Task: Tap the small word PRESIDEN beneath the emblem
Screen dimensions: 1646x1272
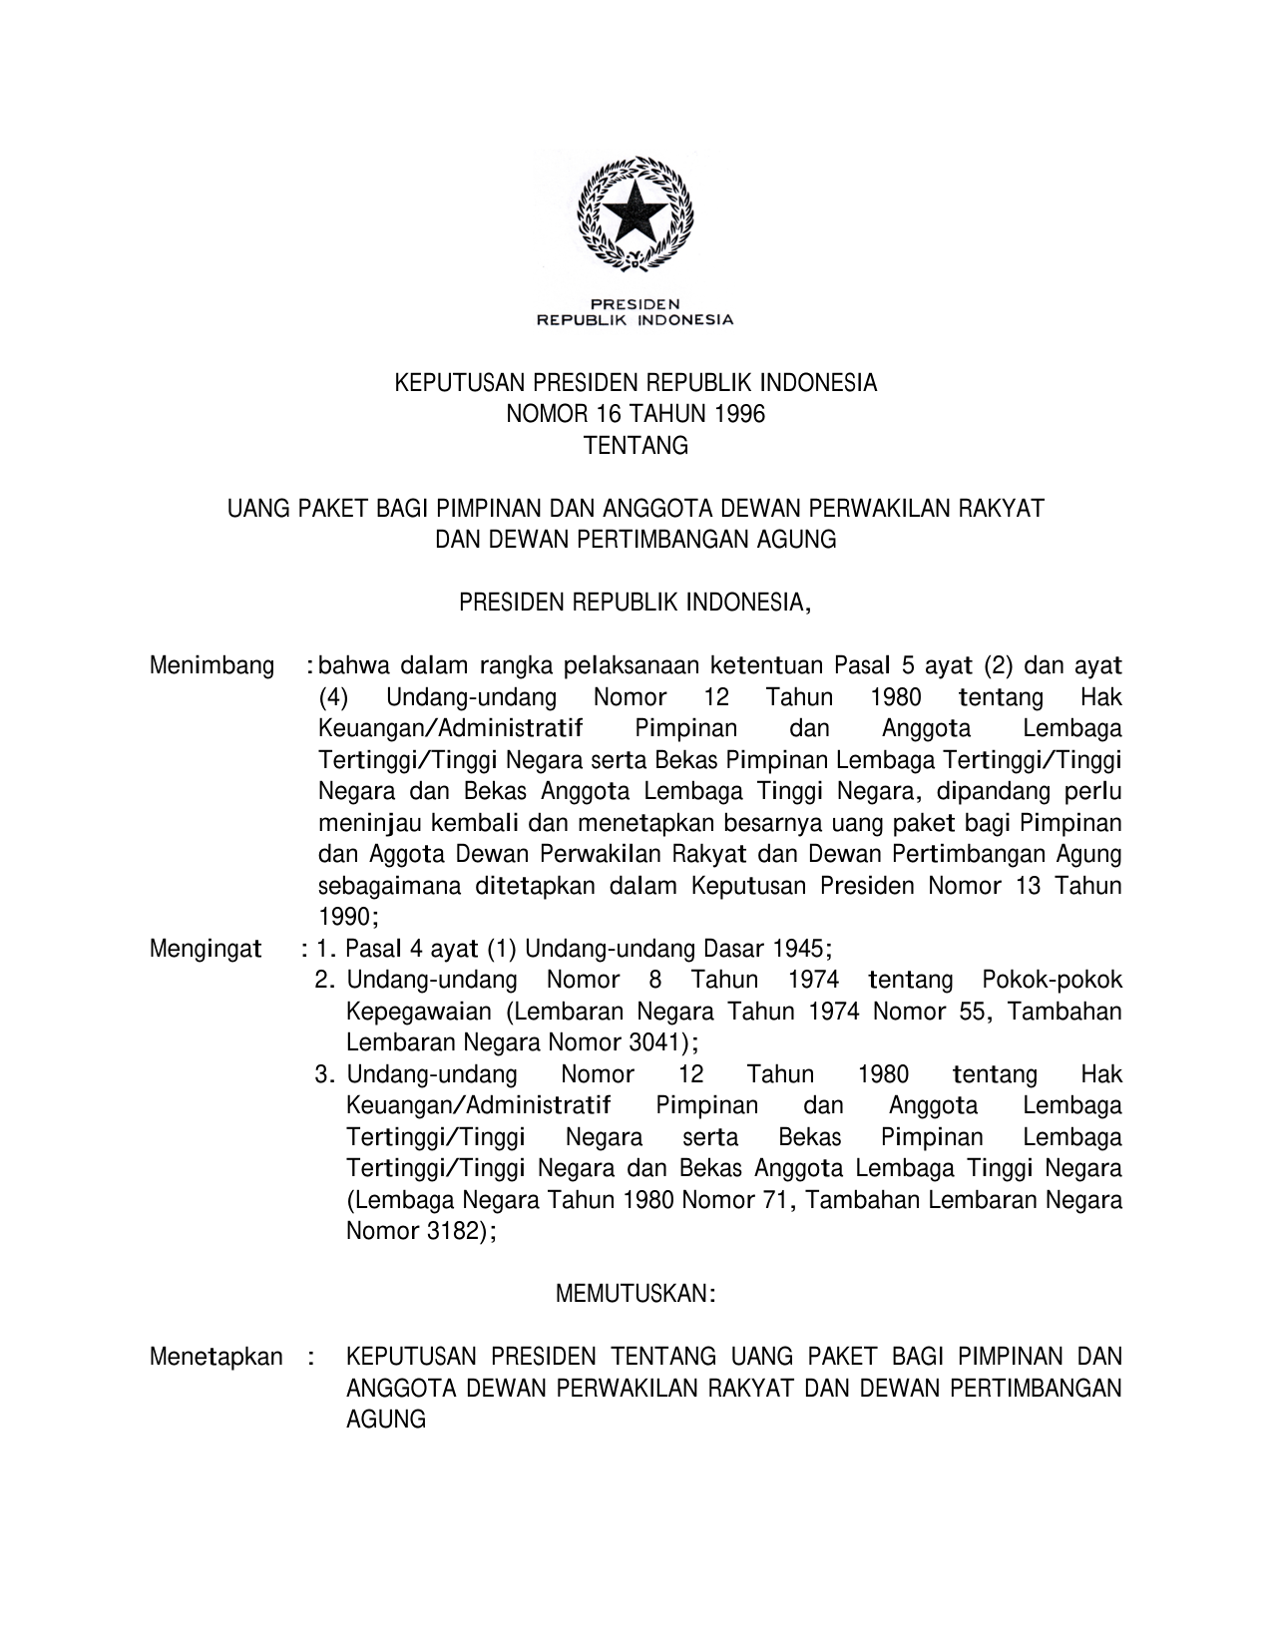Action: click(x=636, y=303)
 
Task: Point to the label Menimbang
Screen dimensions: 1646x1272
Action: click(x=212, y=665)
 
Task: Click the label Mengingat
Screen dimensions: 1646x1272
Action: click(x=205, y=948)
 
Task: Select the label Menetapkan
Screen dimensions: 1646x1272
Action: click(x=215, y=1357)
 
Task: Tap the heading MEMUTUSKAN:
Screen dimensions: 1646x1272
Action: click(x=636, y=1294)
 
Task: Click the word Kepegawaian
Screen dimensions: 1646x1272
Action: click(x=418, y=1012)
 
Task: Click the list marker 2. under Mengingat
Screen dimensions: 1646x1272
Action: click(x=324, y=980)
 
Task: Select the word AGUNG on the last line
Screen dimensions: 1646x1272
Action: click(x=385, y=1420)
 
